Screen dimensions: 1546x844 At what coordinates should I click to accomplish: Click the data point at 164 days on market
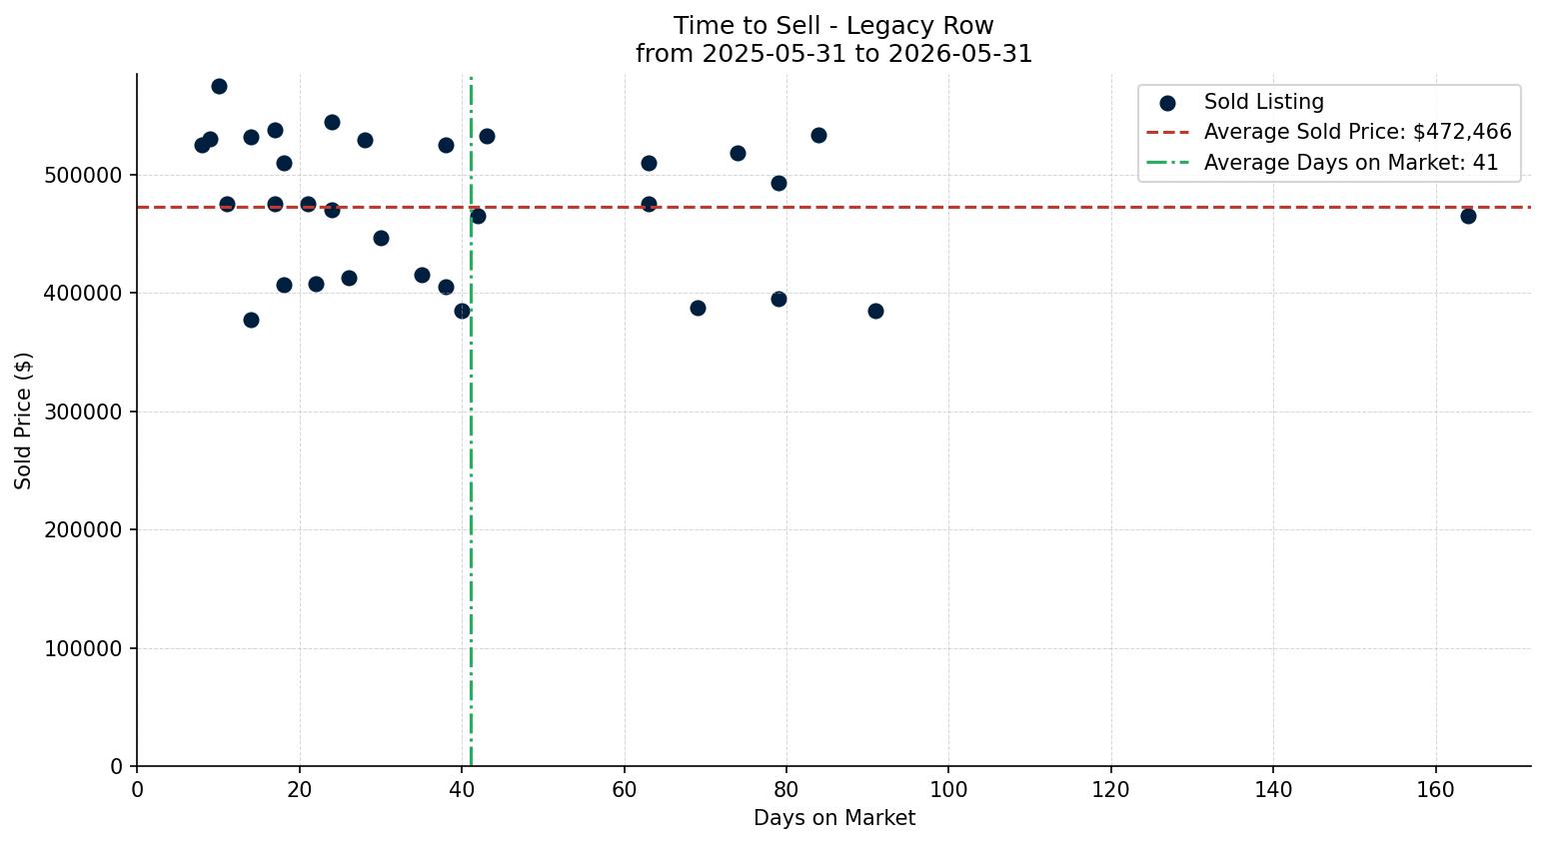click(x=1468, y=216)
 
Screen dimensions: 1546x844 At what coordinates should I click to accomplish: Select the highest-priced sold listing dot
click(x=220, y=86)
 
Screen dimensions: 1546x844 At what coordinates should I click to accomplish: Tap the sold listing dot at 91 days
click(x=875, y=311)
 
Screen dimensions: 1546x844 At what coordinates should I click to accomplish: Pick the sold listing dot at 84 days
click(x=818, y=135)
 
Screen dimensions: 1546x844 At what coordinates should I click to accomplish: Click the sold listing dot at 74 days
click(x=738, y=153)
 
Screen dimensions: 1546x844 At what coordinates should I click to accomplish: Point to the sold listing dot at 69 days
click(x=698, y=309)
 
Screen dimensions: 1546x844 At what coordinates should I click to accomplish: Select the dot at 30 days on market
click(x=381, y=239)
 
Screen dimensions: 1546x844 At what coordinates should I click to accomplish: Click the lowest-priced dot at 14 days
click(x=251, y=320)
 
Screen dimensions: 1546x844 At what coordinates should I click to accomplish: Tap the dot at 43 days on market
click(x=487, y=137)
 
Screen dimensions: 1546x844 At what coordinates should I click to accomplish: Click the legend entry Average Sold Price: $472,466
click(x=1328, y=132)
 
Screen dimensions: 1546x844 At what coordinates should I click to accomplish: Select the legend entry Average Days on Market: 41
click(x=1322, y=163)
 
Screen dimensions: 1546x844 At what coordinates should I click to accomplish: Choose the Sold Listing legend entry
click(x=1241, y=102)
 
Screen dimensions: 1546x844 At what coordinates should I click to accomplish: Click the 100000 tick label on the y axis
click(x=84, y=649)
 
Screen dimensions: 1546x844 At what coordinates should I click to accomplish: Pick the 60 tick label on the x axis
click(x=624, y=789)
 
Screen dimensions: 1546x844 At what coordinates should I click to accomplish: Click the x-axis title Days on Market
click(x=834, y=818)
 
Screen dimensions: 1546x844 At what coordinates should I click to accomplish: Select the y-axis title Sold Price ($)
click(x=23, y=421)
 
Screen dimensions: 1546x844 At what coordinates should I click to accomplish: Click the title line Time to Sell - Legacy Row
click(x=833, y=26)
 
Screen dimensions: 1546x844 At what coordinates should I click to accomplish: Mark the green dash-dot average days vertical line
click(x=471, y=421)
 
